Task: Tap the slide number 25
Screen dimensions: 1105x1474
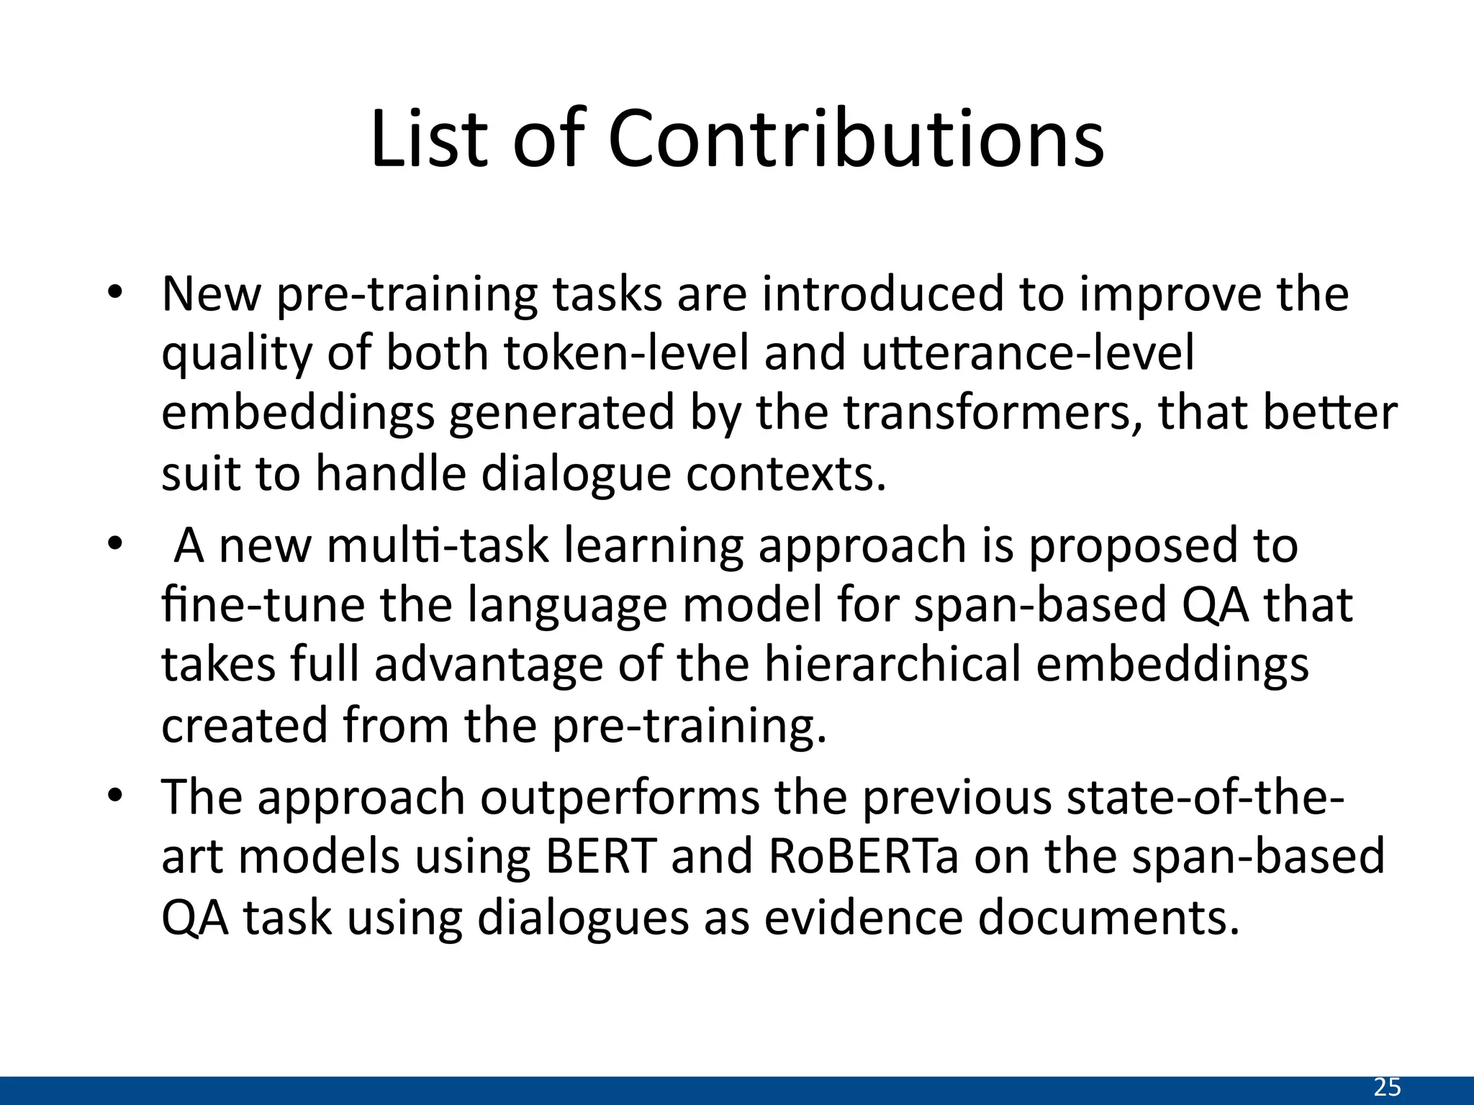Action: tap(1387, 1087)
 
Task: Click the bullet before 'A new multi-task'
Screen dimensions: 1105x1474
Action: tap(116, 544)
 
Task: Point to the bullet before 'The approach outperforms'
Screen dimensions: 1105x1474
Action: tap(116, 796)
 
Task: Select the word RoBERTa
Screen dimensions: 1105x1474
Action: tap(864, 856)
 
